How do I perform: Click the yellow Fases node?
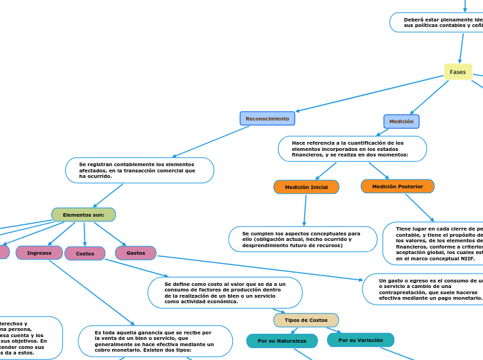(457, 72)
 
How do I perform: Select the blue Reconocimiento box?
(267, 118)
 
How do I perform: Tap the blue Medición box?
(401, 121)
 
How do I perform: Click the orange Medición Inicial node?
(306, 187)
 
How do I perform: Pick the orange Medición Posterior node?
(397, 186)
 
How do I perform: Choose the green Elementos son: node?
(83, 215)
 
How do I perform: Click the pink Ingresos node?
(39, 253)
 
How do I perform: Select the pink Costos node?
(85, 253)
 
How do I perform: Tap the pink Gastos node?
(136, 253)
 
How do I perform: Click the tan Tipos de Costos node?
(306, 320)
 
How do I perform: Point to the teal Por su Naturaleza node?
(282, 341)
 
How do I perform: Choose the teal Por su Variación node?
(360, 340)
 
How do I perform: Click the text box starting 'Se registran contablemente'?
(139, 170)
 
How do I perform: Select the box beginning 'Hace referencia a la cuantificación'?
(352, 149)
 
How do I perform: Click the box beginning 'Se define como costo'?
(225, 292)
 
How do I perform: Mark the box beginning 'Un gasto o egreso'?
(423, 289)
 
